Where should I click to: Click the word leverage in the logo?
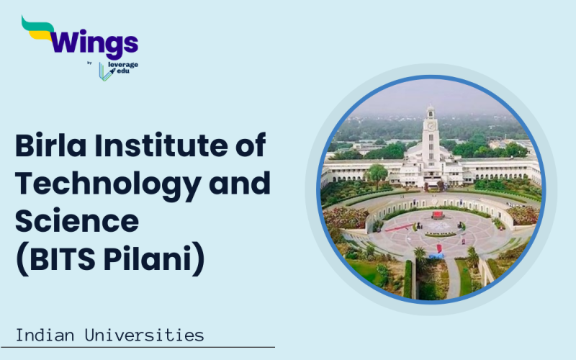[124, 65]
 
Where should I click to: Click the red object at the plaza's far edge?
[437, 215]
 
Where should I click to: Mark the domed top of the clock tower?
[431, 110]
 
